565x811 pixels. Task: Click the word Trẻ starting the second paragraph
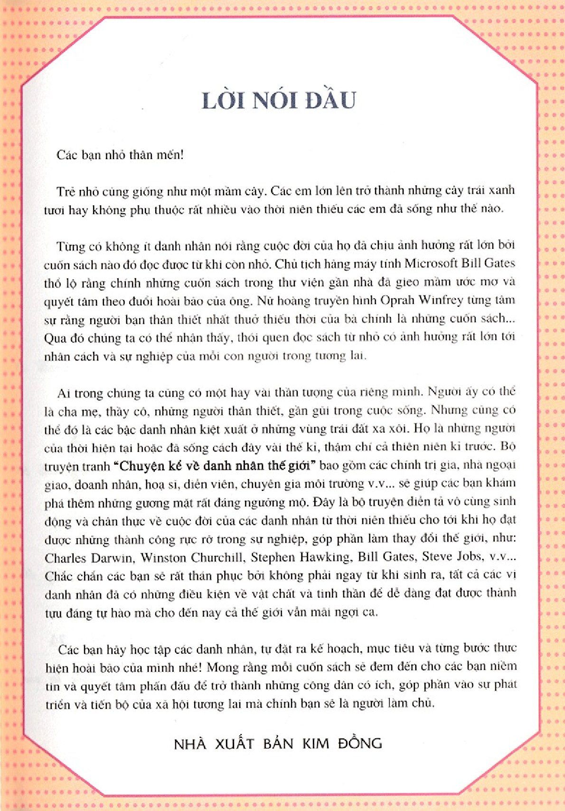(x=65, y=191)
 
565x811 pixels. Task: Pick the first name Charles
(x=63, y=557)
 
